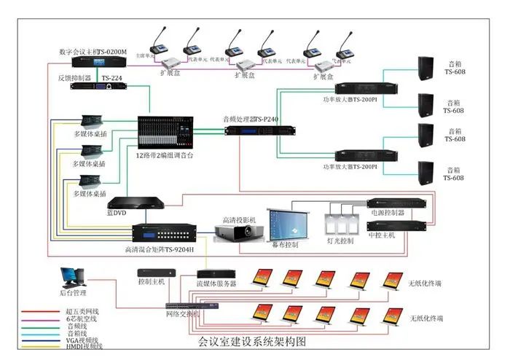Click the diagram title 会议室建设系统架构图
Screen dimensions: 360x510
pos(252,340)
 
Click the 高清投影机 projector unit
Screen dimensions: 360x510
pos(238,232)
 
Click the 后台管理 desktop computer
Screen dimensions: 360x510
pos(72,278)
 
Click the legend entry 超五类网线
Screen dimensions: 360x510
pos(80,311)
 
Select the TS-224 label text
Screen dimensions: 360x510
pos(111,77)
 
